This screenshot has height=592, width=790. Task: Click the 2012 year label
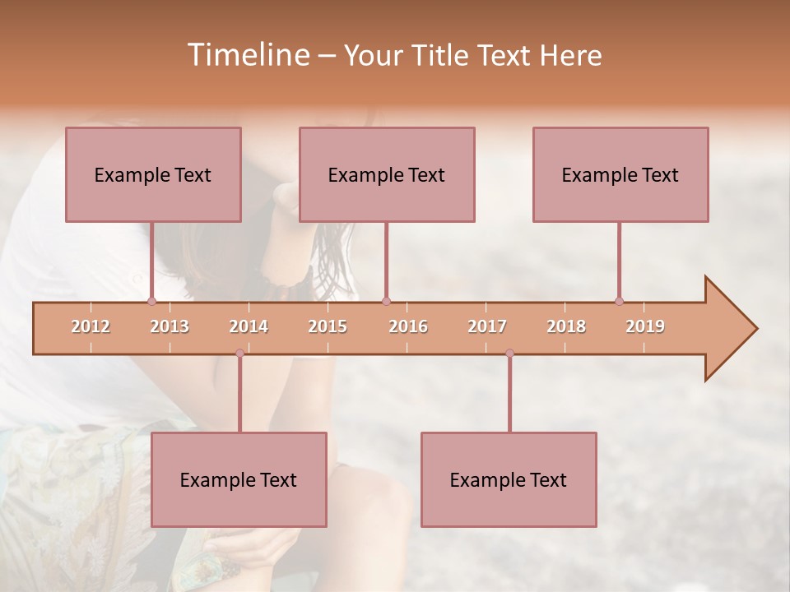[91, 326]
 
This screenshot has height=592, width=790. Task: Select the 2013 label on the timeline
[170, 326]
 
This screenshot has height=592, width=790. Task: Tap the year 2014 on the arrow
[249, 326]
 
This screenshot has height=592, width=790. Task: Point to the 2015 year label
[328, 326]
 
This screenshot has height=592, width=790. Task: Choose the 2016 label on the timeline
[408, 326]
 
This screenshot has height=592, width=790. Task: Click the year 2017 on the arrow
[487, 326]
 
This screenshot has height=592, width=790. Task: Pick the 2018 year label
[566, 326]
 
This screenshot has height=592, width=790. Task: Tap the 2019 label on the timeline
[645, 326]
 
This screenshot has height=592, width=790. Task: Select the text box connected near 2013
[153, 174]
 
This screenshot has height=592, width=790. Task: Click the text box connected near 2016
[387, 174]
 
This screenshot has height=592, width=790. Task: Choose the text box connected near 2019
[620, 174]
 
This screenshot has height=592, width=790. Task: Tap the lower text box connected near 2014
[239, 479]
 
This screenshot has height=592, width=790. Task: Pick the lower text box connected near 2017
[509, 479]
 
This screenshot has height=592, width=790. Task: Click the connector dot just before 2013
[151, 301]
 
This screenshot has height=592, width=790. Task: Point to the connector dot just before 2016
[386, 301]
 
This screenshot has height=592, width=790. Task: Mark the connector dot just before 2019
[619, 301]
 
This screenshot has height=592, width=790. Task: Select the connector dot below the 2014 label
[239, 354]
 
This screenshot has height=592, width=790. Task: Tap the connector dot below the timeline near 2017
[509, 354]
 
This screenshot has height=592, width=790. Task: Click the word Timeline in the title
[247, 55]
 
